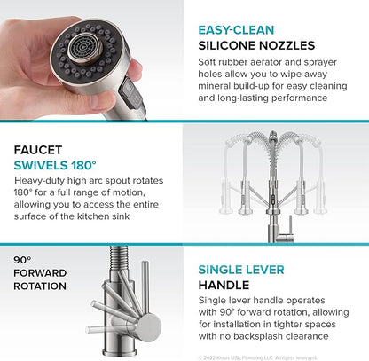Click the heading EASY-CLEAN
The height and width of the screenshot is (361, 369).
236,30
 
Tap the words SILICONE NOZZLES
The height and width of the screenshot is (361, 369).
256,45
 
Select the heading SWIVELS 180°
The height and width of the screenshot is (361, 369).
55,166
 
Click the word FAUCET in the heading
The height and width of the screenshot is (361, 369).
38,150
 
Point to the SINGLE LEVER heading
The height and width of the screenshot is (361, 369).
241,270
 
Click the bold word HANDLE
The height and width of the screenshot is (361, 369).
224,286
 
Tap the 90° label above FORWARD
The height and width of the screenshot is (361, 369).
22,260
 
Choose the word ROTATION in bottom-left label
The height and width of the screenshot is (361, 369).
40,286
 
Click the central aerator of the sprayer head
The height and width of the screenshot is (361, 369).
83,48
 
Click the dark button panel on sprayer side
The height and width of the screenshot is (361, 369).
131,96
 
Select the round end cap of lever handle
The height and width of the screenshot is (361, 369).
149,326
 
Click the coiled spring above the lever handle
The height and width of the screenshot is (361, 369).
119,257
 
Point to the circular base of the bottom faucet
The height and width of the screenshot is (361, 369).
120,352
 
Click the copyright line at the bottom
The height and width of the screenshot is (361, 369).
257,357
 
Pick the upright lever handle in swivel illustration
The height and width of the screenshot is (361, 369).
290,224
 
